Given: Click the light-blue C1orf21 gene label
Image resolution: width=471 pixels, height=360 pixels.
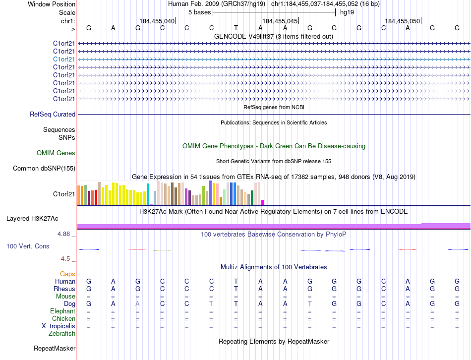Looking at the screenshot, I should tap(64, 59).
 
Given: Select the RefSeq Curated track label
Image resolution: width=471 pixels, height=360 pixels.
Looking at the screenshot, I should tap(53, 114).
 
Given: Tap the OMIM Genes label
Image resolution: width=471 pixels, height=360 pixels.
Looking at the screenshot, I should tap(56, 153).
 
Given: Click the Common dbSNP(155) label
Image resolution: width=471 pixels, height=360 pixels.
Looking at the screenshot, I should tap(44, 168).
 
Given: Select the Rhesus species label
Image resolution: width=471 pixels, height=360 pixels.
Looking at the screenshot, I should tap(64, 289).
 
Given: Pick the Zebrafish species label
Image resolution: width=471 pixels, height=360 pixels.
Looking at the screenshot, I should tap(63, 333).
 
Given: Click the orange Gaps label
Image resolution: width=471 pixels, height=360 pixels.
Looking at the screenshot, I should tap(67, 274).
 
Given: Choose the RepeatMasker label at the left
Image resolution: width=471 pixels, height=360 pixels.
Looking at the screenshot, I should tap(54, 349).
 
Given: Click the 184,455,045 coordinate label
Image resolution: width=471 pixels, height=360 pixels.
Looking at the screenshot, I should tap(280, 21).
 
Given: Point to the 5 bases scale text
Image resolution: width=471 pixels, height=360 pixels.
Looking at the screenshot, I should tap(199, 12).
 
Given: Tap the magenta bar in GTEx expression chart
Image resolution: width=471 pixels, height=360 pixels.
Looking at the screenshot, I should tap(262, 202).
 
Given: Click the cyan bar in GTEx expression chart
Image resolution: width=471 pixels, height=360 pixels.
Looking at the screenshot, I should tap(148, 194).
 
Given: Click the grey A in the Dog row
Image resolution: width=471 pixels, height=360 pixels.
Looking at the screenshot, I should tap(138, 303).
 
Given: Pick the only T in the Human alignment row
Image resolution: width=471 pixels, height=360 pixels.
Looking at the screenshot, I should tap(236, 281).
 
